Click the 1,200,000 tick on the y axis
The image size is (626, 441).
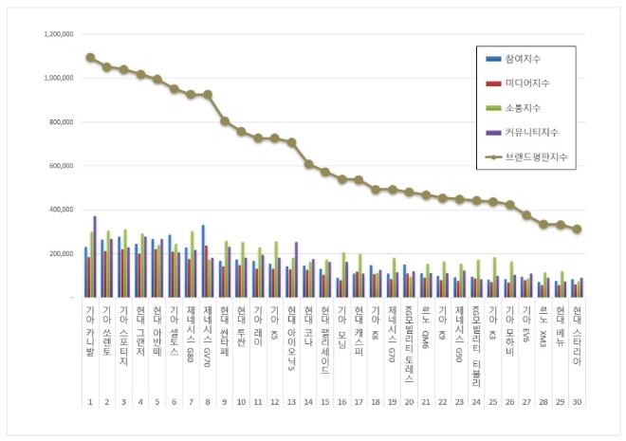coord(58,34)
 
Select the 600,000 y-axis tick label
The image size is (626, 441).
coord(62,166)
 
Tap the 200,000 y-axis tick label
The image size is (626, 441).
coord(62,254)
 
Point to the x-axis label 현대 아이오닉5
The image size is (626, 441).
coord(291,336)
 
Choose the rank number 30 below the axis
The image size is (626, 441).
coord(577,402)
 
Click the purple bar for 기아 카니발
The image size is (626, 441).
coord(95,257)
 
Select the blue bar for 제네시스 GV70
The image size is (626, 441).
coord(202,262)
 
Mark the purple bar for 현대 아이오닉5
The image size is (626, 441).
coord(296,270)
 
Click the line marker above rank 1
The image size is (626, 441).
coord(90,57)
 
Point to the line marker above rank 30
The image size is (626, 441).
coord(577,229)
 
